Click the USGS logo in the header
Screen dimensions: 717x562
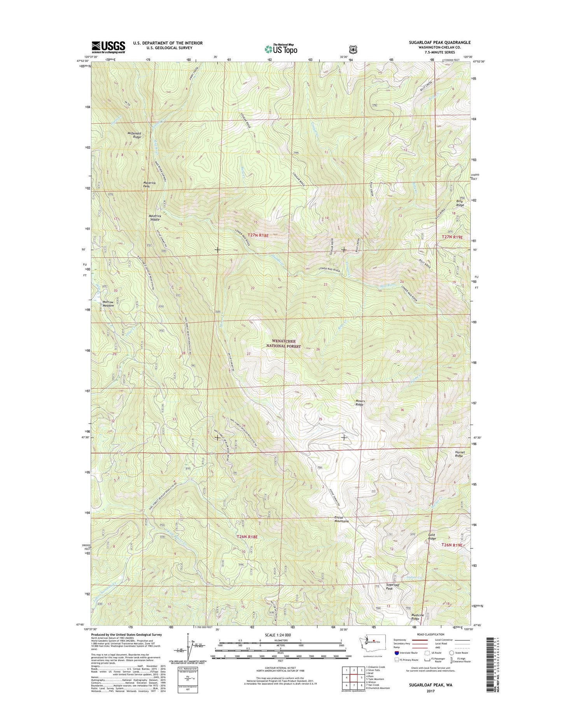108,47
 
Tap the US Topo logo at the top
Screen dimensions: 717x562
281,49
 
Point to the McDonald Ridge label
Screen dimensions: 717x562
134,135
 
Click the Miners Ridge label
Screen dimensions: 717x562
359,402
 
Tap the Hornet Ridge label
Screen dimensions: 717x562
459,454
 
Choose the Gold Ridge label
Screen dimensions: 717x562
432,537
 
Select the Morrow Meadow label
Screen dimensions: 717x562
108,304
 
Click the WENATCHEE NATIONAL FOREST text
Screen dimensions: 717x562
286,343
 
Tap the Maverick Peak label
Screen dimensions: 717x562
152,184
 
